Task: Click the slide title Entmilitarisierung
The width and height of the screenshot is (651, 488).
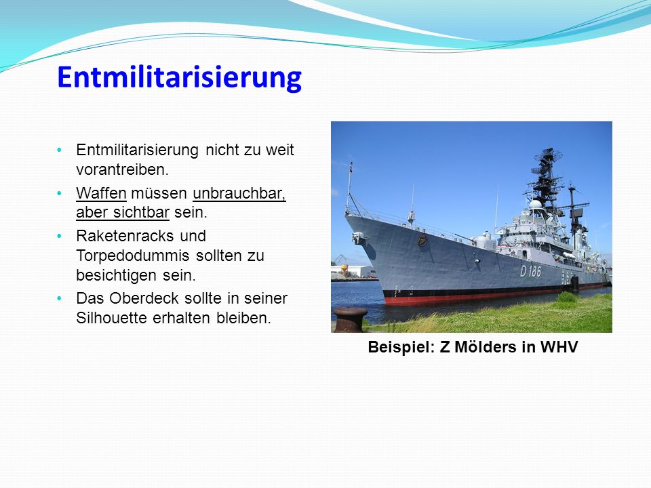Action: point(179,77)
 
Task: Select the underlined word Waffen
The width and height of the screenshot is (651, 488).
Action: point(101,193)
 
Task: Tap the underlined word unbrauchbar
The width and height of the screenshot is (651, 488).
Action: point(239,193)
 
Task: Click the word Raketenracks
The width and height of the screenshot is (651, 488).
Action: point(125,236)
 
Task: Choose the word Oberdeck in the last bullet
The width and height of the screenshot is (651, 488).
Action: point(144,298)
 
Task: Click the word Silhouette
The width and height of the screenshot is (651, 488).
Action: point(112,318)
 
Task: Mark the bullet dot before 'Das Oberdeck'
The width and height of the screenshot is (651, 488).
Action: point(59,298)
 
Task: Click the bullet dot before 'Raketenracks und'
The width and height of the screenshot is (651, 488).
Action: point(59,236)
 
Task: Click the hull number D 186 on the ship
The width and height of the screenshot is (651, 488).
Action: point(530,271)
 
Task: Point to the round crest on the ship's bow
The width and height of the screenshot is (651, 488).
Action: point(422,240)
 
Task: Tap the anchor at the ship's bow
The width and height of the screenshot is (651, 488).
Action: point(358,238)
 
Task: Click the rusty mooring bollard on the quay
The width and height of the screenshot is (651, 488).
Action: point(350,319)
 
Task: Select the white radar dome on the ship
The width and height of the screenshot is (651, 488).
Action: point(536,204)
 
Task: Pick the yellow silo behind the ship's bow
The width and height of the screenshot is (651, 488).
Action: point(344,271)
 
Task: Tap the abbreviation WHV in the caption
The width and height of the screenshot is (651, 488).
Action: point(559,347)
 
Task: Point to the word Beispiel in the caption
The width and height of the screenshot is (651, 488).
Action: point(401,347)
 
